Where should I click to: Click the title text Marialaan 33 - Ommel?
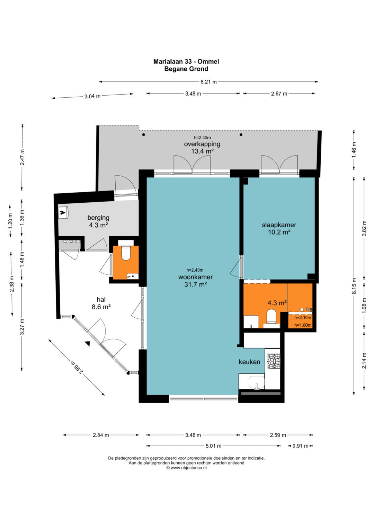click(x=186, y=61)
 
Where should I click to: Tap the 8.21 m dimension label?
click(x=208, y=82)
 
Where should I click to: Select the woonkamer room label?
click(x=196, y=277)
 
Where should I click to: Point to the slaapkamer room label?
click(x=279, y=225)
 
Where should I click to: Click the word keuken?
click(x=249, y=362)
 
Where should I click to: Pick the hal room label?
click(x=101, y=300)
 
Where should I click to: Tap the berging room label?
click(x=98, y=218)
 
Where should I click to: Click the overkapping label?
click(x=202, y=144)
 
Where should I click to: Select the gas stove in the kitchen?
click(x=274, y=361)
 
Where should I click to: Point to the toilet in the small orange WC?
click(x=126, y=253)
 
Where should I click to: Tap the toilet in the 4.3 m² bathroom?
click(x=271, y=316)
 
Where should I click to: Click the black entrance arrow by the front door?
click(x=88, y=344)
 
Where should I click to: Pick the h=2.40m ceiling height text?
click(x=195, y=270)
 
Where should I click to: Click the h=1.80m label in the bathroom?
click(x=303, y=325)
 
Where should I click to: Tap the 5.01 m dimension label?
click(x=213, y=446)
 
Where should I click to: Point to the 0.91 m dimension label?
click(x=301, y=446)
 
